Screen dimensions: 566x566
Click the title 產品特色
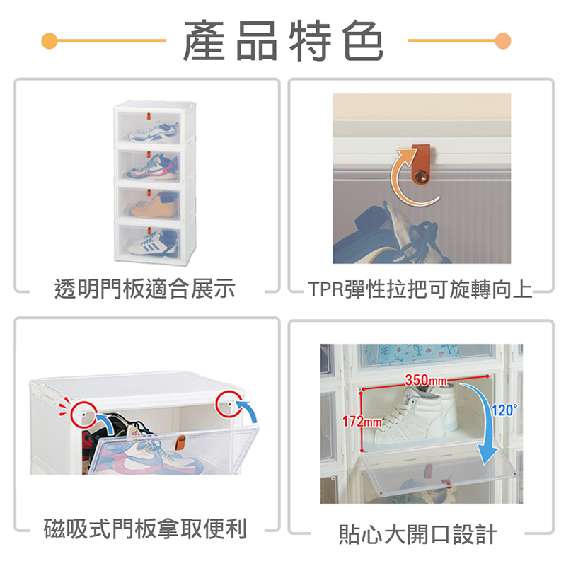[x=284, y=40]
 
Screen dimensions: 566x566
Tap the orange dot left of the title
[x=50, y=41]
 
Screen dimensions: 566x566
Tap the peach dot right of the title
[x=503, y=41]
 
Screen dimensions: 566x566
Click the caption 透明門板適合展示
[x=145, y=289]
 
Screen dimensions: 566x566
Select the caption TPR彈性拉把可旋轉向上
[x=420, y=289]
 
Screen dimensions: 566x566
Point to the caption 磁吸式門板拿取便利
[x=145, y=529]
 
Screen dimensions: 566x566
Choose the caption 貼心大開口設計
[x=417, y=534]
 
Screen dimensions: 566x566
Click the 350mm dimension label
[x=426, y=380]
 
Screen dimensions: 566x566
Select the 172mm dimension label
[x=362, y=421]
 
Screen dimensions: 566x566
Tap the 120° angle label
[x=504, y=410]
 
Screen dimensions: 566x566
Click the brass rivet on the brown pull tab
[x=420, y=178]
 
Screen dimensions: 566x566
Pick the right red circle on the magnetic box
[x=229, y=404]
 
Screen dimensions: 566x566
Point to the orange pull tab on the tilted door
[x=180, y=443]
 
